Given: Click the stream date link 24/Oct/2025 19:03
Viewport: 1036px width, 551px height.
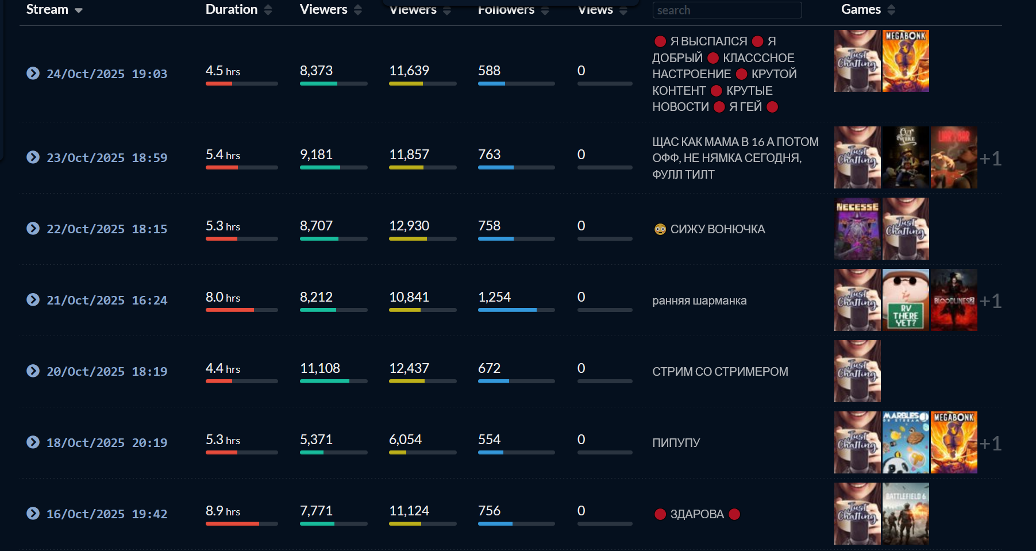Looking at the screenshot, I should point(107,74).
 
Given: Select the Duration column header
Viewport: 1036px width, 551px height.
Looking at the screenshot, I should point(232,9).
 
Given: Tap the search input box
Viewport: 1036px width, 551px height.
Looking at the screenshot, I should point(726,10).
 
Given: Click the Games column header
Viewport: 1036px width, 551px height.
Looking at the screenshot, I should point(861,9).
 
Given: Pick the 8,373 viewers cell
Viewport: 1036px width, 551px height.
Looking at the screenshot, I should point(316,71).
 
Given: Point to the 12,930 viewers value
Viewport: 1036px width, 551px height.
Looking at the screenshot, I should point(409,226).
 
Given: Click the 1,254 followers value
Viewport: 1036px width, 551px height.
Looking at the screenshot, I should point(494,297).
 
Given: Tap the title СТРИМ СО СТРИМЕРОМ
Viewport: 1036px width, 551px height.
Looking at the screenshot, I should point(720,372).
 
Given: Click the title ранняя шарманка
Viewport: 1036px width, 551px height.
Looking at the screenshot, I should point(699,300).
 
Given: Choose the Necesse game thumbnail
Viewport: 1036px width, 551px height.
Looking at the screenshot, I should point(857,229).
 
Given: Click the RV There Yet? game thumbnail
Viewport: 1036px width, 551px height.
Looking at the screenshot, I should point(906,300).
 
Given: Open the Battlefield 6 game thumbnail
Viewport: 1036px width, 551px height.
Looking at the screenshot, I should point(906,514).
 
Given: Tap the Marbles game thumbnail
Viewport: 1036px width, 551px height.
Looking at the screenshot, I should point(906,442).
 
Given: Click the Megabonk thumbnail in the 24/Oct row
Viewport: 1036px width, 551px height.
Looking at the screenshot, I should point(906,61).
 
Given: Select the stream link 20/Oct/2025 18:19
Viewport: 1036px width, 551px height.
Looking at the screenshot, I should point(107,372).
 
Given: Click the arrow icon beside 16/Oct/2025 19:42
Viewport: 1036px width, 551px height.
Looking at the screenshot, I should point(33,513).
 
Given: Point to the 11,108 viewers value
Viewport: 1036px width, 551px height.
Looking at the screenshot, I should point(320,368).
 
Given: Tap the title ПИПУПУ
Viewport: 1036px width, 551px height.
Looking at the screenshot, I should point(676,443).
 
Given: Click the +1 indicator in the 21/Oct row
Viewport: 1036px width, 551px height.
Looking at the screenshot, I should point(990,300).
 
